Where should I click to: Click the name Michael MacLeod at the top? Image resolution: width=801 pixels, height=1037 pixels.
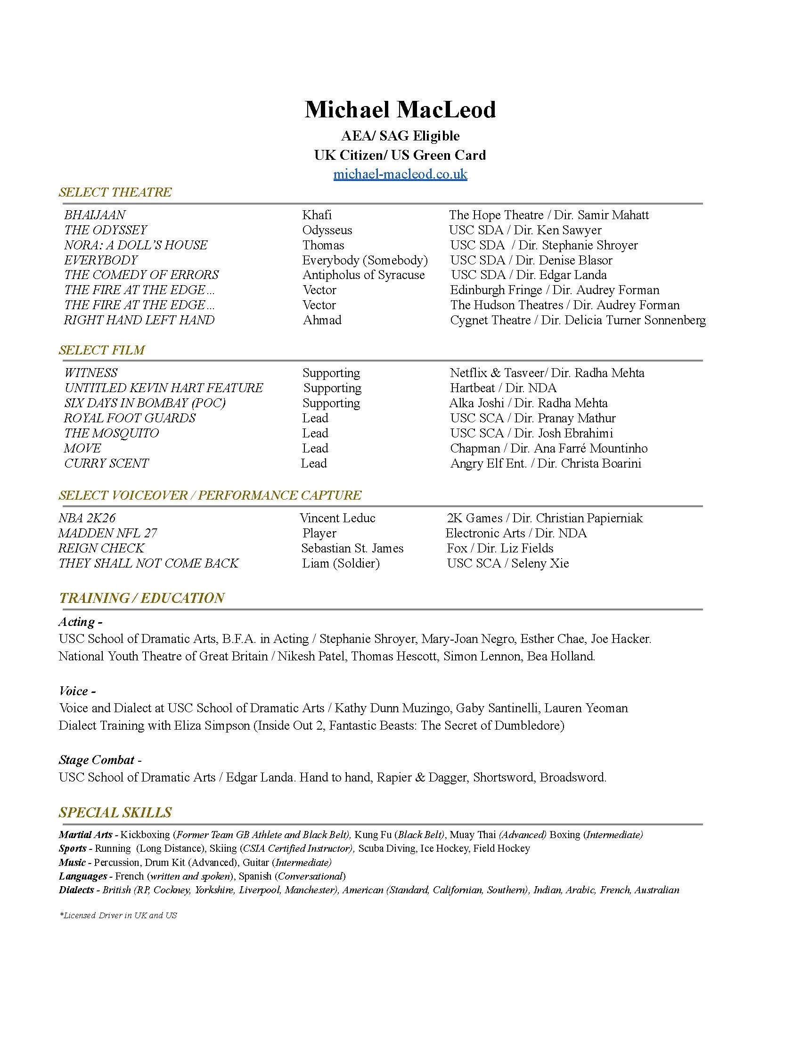tap(400, 110)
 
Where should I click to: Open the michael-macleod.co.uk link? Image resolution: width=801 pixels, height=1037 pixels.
tap(400, 174)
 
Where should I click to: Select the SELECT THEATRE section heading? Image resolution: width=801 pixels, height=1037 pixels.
tap(115, 192)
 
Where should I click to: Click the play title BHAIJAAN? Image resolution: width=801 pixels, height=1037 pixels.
tap(95, 215)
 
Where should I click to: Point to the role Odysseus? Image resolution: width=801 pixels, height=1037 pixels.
tap(327, 230)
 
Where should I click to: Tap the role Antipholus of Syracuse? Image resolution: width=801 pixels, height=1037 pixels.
tap(363, 275)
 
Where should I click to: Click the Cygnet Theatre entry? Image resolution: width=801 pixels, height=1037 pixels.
tap(578, 321)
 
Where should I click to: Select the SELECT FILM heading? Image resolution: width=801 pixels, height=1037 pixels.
tap(102, 350)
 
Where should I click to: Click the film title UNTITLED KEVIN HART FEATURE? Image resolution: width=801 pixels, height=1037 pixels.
tap(163, 388)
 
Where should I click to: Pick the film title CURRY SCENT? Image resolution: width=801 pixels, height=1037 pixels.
tap(106, 463)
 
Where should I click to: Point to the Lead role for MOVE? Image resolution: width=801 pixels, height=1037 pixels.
tap(315, 449)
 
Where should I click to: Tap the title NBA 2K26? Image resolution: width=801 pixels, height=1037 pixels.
tap(87, 518)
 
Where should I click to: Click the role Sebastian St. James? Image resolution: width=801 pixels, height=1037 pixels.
tap(352, 548)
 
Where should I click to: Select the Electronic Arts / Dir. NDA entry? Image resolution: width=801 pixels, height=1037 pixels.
tap(516, 534)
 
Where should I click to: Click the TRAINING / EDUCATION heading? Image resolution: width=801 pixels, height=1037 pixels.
tap(141, 598)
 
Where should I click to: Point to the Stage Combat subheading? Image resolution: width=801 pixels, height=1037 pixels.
tap(97, 760)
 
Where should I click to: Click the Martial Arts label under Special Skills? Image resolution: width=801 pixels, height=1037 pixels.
tap(86, 835)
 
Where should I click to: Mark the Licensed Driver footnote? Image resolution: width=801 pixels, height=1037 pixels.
tap(118, 915)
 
